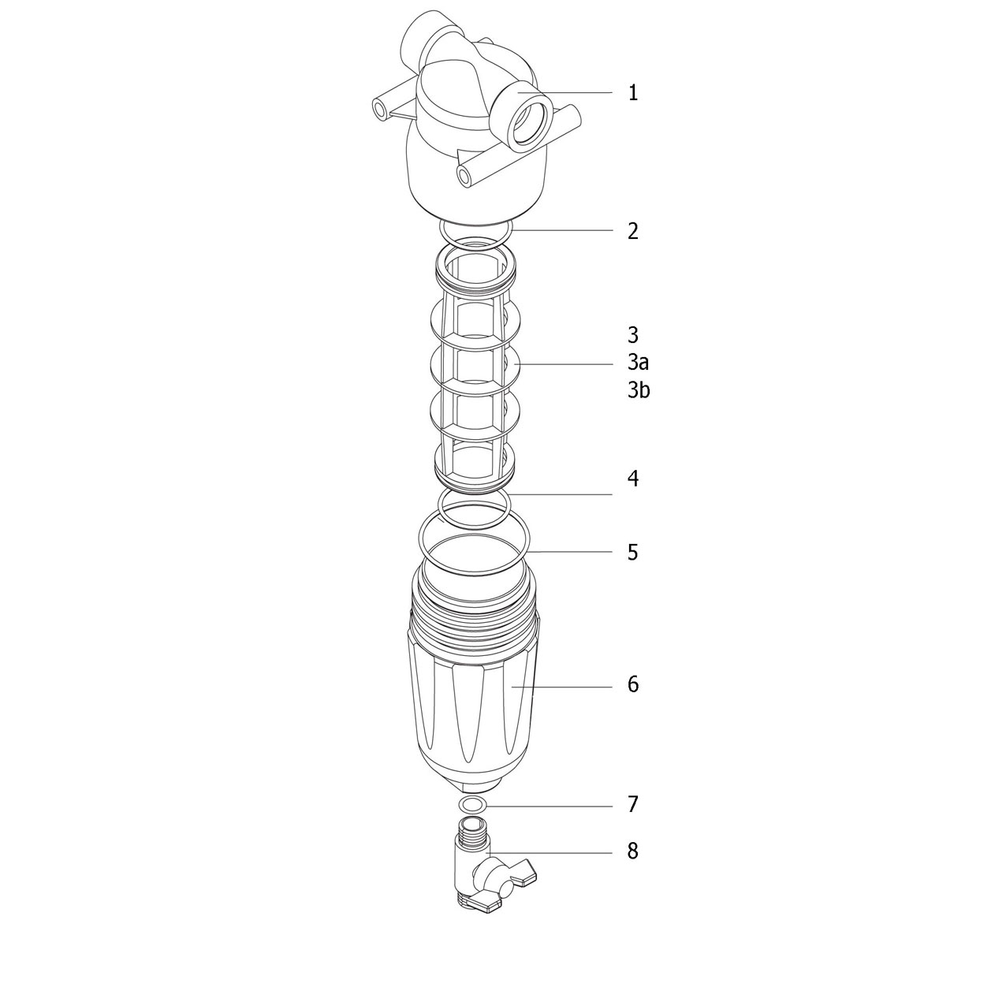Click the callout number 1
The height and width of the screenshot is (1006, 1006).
click(633, 93)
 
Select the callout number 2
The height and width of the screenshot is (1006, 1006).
click(633, 231)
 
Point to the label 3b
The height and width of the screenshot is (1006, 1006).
click(639, 390)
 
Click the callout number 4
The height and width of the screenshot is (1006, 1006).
click(633, 479)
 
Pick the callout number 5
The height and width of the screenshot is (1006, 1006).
click(633, 552)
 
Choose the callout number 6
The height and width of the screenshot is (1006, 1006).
click(633, 684)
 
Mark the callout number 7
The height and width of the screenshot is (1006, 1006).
click(633, 804)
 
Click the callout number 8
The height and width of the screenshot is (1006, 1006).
click(633, 851)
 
